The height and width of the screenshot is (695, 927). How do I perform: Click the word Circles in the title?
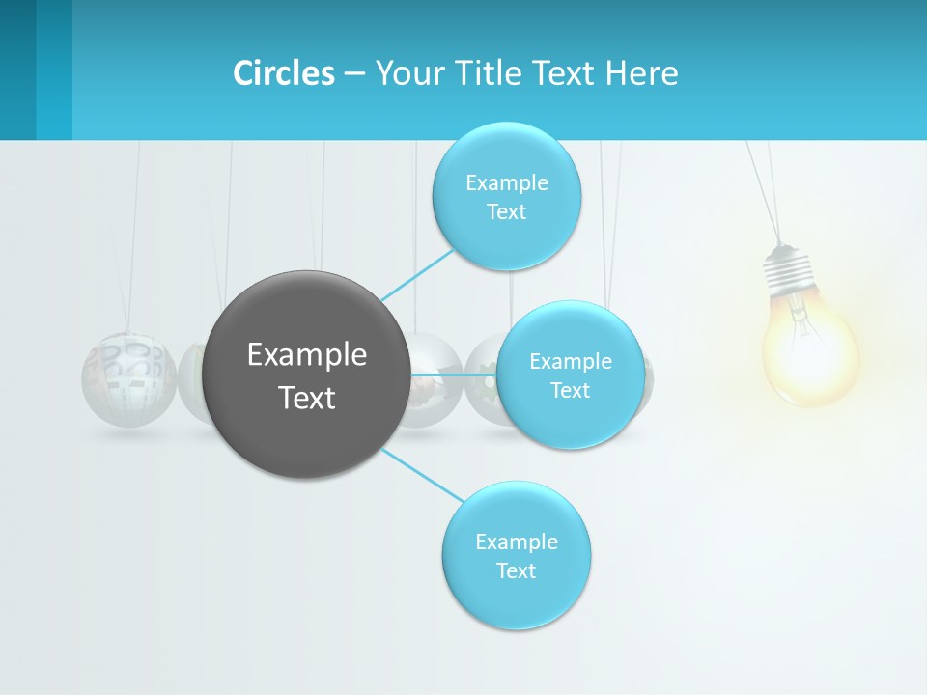tap(284, 73)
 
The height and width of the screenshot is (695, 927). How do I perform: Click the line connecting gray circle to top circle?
tap(417, 274)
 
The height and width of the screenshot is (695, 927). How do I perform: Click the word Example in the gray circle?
tap(307, 355)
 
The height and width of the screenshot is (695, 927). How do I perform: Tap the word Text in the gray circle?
tap(307, 398)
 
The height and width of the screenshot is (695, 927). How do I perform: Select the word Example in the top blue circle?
tap(506, 183)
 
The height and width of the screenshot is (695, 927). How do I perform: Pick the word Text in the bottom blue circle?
tap(516, 570)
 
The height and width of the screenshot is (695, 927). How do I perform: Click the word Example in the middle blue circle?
tap(571, 362)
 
